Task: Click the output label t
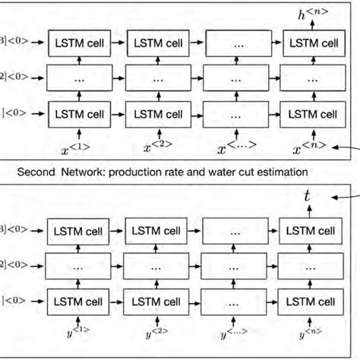306,197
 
